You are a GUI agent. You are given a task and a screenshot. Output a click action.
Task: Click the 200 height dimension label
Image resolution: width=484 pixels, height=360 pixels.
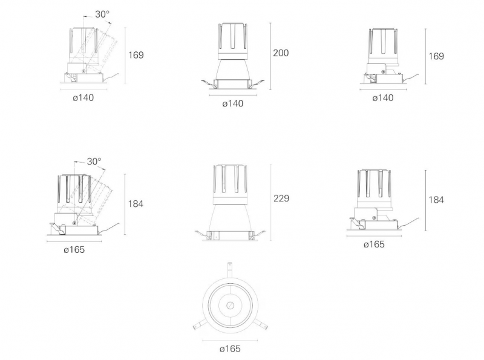(x=281, y=53)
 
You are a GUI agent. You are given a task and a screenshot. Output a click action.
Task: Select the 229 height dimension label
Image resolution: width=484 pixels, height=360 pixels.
(x=281, y=198)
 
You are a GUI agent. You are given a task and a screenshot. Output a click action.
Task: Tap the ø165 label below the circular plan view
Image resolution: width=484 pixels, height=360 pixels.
(x=230, y=349)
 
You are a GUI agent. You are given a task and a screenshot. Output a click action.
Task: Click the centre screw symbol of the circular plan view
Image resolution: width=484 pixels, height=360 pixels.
(x=230, y=306)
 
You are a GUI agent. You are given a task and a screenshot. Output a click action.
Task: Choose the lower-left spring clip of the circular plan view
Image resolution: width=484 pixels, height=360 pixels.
(x=198, y=324)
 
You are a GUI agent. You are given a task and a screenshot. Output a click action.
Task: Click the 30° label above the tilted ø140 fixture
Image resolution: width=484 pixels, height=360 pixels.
(x=102, y=14)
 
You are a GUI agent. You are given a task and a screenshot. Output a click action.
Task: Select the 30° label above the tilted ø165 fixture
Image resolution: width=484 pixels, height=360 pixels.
(x=94, y=162)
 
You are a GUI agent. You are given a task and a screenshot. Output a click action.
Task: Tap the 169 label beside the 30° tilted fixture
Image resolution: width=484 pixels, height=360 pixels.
(x=136, y=55)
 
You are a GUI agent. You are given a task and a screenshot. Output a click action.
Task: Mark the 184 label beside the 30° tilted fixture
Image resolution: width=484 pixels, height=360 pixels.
(x=136, y=204)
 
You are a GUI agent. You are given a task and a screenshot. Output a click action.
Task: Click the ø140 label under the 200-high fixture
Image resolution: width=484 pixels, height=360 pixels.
(x=233, y=103)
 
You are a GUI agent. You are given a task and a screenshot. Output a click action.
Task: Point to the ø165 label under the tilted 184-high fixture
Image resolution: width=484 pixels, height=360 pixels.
(x=74, y=250)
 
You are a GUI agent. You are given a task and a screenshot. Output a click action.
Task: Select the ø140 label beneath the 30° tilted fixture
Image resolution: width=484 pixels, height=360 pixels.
(x=83, y=98)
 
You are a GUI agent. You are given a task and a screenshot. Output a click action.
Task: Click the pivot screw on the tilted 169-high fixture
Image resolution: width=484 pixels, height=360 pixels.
(x=84, y=71)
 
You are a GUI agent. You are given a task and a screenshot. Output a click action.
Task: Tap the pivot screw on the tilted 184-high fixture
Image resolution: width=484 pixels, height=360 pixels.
(x=74, y=223)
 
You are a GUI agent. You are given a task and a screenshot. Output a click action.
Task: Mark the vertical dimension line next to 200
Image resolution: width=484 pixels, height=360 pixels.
(x=270, y=56)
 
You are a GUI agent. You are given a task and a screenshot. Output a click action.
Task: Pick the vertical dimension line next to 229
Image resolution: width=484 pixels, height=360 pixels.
(x=271, y=202)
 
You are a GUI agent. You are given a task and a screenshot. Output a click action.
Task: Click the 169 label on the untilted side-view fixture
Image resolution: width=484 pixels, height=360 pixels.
(x=436, y=56)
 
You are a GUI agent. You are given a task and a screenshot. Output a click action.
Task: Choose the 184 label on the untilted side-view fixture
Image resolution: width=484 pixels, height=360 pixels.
(x=436, y=200)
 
